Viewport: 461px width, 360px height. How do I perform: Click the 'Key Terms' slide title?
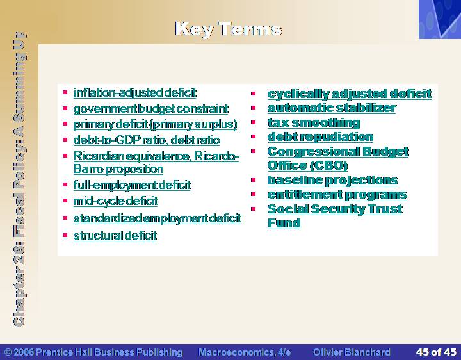(229, 29)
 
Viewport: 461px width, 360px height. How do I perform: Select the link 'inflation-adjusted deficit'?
(135, 93)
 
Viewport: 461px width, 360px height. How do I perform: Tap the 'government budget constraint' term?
(151, 109)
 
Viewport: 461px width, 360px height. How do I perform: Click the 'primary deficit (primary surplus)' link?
(155, 124)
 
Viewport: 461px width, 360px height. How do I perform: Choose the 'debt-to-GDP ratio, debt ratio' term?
(147, 140)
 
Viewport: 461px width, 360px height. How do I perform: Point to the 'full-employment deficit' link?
(132, 185)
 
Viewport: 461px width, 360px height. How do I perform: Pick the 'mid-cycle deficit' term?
(116, 201)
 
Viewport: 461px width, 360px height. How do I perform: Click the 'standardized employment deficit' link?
(158, 218)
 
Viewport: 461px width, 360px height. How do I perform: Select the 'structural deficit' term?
(115, 236)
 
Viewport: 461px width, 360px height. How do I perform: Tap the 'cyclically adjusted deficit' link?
(350, 94)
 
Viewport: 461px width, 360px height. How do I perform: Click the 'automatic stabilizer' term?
(332, 108)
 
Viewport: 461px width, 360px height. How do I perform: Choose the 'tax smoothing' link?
(314, 123)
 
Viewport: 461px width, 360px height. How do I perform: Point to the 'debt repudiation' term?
(321, 137)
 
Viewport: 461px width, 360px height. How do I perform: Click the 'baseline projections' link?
(333, 181)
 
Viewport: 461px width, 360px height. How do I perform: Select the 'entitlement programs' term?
(337, 195)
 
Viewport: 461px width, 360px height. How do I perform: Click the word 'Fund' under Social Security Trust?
(284, 223)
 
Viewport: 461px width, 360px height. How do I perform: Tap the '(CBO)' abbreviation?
(328, 166)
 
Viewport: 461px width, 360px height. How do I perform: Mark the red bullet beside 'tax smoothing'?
(254, 122)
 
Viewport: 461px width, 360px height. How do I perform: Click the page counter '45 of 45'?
(436, 352)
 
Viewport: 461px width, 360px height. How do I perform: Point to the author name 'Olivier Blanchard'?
(352, 352)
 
